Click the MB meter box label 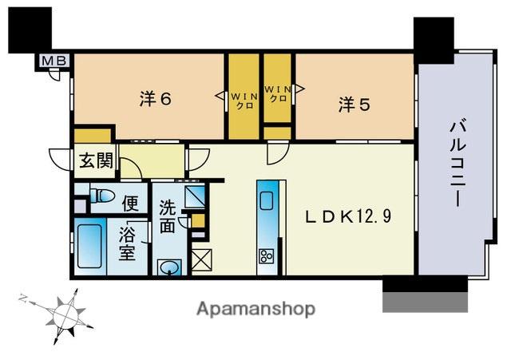[54, 61]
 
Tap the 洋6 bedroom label [156, 98]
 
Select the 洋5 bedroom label [355, 105]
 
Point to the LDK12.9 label [348, 216]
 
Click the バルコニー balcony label [458, 164]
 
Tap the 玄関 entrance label [96, 160]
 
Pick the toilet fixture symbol [102, 196]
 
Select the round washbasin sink [169, 267]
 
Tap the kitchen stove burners [266, 256]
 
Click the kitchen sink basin [267, 200]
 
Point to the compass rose [65, 315]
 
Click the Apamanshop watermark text [255, 309]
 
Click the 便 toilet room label [131, 204]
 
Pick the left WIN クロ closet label [244, 101]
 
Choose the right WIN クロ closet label [278, 93]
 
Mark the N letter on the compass [23, 299]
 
